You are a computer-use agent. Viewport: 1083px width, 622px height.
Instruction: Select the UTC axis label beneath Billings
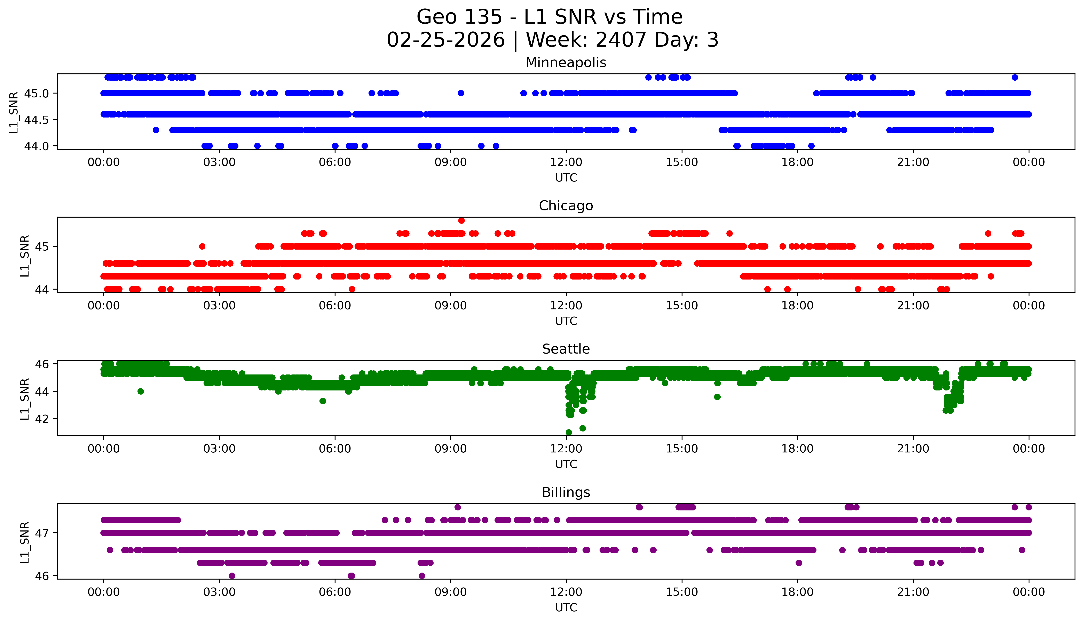point(566,607)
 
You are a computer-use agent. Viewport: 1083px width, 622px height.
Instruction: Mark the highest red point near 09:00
point(461,220)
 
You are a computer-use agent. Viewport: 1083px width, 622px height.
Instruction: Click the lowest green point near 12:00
point(568,432)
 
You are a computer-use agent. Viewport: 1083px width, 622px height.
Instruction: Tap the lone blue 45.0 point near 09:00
point(461,93)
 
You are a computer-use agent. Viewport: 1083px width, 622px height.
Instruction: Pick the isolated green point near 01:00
point(141,391)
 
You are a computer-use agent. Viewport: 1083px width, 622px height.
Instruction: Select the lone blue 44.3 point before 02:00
point(156,130)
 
